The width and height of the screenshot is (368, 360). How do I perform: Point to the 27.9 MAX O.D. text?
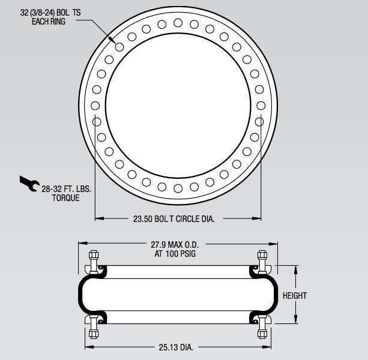click(x=178, y=245)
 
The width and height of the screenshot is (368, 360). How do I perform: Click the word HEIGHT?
click(x=294, y=296)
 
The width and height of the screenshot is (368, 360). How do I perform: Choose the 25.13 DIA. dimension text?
click(x=176, y=347)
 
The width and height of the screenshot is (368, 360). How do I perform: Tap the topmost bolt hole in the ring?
click(x=178, y=23)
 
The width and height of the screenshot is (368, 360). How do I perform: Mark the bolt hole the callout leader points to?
click(x=119, y=47)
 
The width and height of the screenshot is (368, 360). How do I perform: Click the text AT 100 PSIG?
click(x=178, y=254)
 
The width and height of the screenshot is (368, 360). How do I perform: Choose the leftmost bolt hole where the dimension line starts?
click(x=96, y=121)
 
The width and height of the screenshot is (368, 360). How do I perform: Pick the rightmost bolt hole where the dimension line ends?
click(x=259, y=121)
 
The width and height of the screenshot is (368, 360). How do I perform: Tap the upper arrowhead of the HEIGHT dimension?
click(x=294, y=268)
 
